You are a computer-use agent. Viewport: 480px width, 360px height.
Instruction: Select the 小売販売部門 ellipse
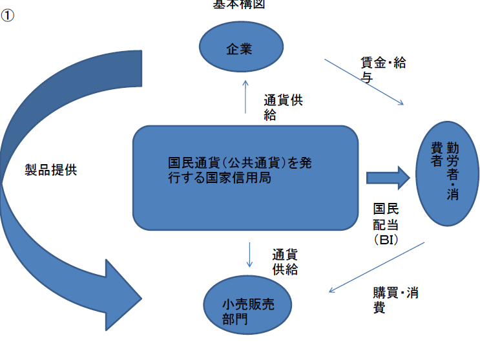248,312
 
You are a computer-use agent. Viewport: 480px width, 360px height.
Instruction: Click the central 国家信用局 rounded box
245,177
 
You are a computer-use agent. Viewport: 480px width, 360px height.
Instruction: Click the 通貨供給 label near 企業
282,108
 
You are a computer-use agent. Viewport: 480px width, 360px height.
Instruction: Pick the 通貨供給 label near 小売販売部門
285,262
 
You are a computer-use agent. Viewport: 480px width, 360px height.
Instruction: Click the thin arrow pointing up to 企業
245,96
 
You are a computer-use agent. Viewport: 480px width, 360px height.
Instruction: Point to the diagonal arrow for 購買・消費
377,268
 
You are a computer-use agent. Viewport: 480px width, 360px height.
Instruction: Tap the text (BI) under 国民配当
386,240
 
